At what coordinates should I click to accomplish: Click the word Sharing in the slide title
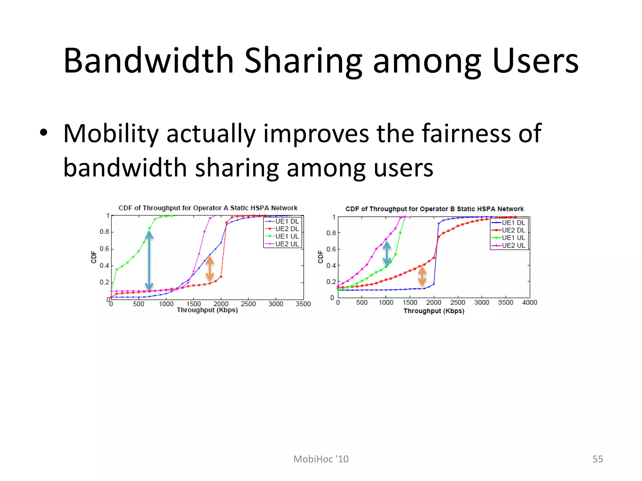coord(303,61)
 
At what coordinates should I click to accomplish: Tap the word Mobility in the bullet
coord(111,134)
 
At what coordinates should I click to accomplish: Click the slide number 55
coord(597,459)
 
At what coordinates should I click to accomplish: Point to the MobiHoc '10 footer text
coord(321,459)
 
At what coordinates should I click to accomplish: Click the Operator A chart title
coord(208,208)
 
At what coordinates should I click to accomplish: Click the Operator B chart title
coord(434,209)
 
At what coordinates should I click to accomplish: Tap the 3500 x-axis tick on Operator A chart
coord(303,304)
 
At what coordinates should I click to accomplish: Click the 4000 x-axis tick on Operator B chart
coord(529,303)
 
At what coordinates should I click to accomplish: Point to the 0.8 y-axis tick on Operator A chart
coord(104,232)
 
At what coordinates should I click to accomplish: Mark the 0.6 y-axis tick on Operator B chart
coord(331,249)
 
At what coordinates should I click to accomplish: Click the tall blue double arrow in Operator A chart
coord(149,261)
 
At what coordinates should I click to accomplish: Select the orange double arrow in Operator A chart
coord(210,268)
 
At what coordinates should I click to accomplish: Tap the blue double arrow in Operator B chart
coord(387,253)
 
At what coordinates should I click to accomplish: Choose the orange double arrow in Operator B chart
coord(422,276)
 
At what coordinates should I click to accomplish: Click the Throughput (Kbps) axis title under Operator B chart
coord(434,311)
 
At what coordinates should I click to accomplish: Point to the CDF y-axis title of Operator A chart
coord(93,257)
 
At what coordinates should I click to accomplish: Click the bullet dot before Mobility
coord(44,132)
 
